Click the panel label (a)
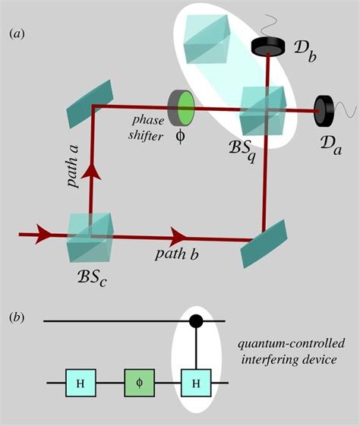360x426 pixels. click(20, 33)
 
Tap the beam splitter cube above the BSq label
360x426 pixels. click(263, 110)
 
